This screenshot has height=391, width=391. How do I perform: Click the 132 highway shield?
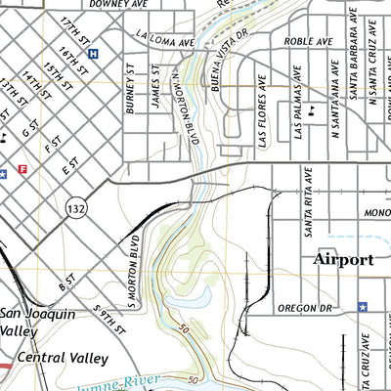[74, 208]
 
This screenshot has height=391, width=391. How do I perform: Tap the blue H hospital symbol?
[93, 55]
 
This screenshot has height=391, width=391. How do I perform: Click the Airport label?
[343, 260]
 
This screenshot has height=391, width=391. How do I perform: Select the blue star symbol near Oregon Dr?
[362, 306]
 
